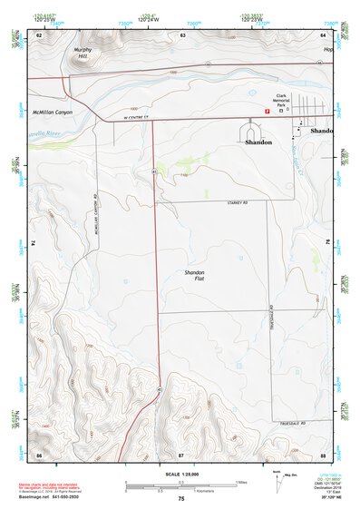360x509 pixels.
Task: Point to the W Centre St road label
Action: (x=134, y=116)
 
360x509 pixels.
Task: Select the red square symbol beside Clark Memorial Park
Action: (x=266, y=111)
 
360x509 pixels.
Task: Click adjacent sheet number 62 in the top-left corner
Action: (x=39, y=34)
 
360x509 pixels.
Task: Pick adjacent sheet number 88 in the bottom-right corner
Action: (x=322, y=453)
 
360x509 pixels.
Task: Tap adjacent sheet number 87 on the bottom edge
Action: (x=180, y=453)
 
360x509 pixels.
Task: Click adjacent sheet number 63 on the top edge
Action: (x=183, y=34)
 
